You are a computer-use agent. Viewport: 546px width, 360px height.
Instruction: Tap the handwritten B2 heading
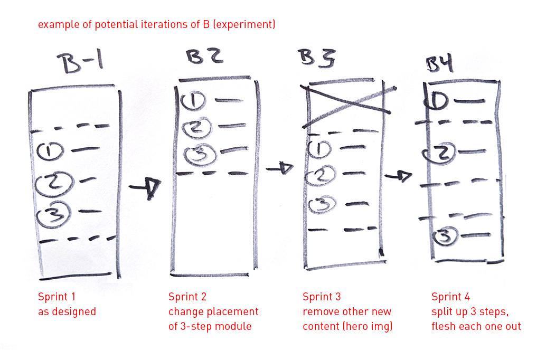[202, 58]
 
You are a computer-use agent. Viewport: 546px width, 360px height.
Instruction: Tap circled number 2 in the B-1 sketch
[52, 183]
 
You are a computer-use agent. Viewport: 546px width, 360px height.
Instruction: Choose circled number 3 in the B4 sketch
[445, 237]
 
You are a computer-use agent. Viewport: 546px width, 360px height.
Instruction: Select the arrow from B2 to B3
[280, 168]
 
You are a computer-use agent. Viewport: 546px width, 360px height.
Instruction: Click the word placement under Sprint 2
[233, 311]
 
